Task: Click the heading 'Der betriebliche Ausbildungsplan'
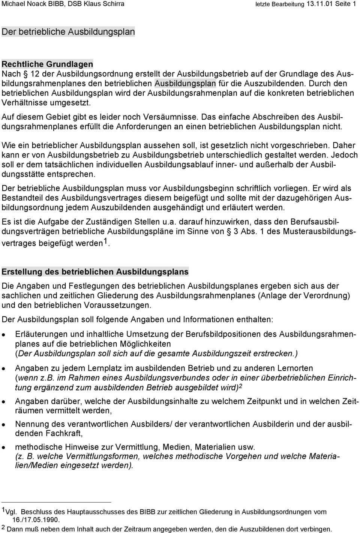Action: tap(68, 31)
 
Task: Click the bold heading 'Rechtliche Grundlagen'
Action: tap(47, 64)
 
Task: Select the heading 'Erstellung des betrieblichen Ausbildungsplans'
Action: tap(95, 271)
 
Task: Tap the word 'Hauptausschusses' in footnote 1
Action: tap(100, 512)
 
